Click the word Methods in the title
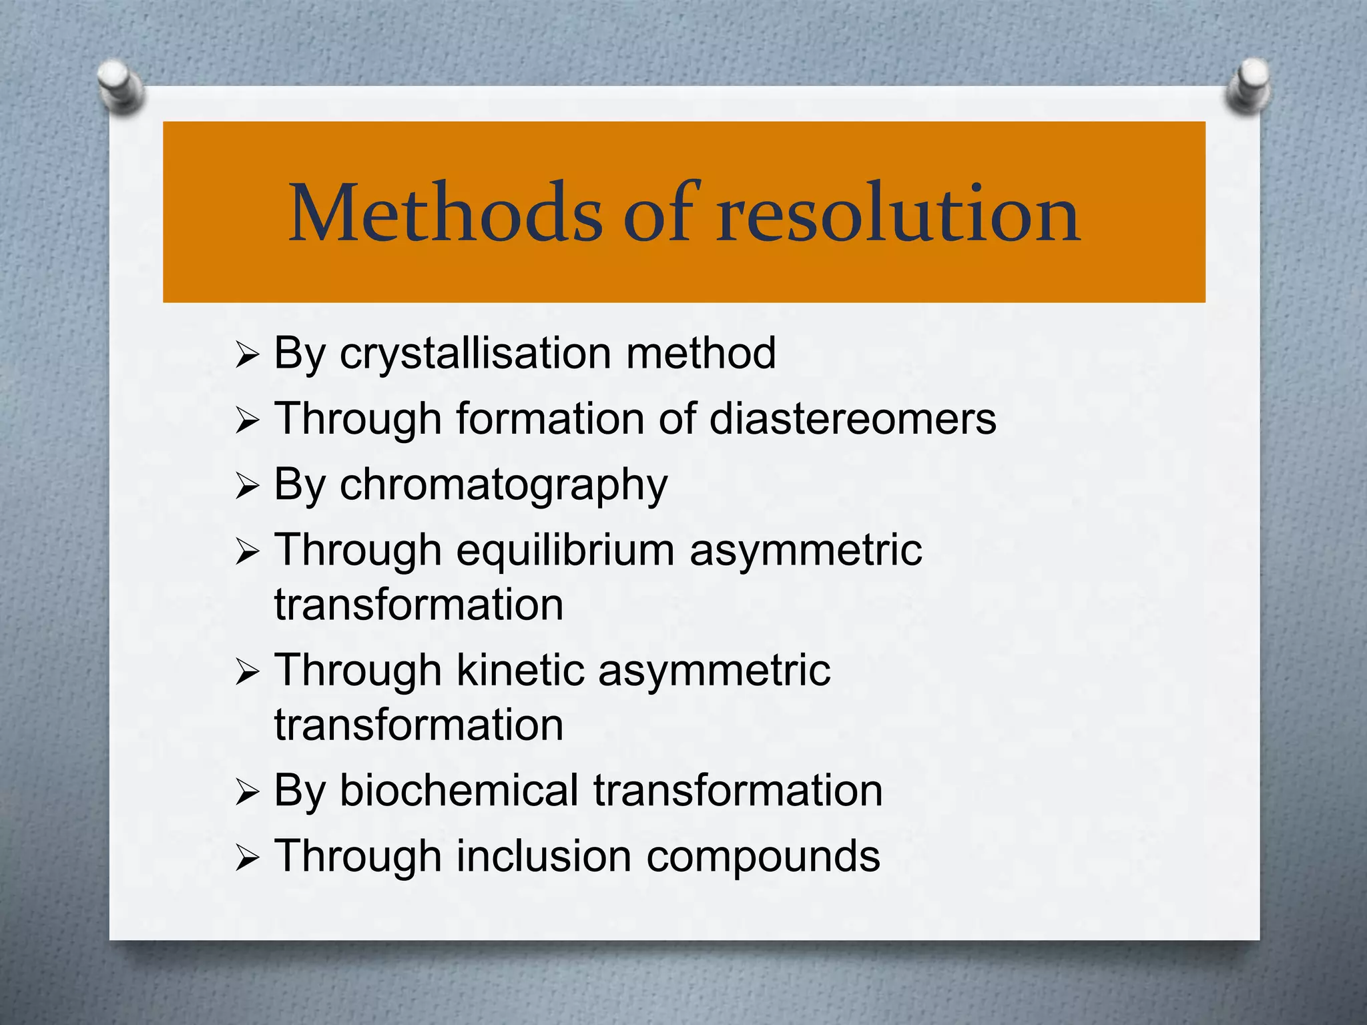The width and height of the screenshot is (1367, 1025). coord(446,214)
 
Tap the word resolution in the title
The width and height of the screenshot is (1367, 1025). coord(898,214)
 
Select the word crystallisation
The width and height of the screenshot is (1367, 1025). coord(475,354)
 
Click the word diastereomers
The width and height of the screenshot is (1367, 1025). coord(852,419)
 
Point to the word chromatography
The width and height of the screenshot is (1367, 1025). coord(503,486)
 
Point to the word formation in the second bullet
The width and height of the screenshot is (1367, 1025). coord(550,419)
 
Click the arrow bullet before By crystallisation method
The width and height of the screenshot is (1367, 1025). coord(246,356)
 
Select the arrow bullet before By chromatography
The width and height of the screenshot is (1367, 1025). coord(246,487)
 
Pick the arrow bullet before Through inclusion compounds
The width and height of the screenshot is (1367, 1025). coord(246,859)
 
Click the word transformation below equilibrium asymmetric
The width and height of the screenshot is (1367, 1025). coord(419,605)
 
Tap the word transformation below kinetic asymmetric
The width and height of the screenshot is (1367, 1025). coord(419,725)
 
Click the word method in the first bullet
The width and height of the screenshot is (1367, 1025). coord(701,354)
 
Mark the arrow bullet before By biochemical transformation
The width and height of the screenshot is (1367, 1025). coord(246,793)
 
